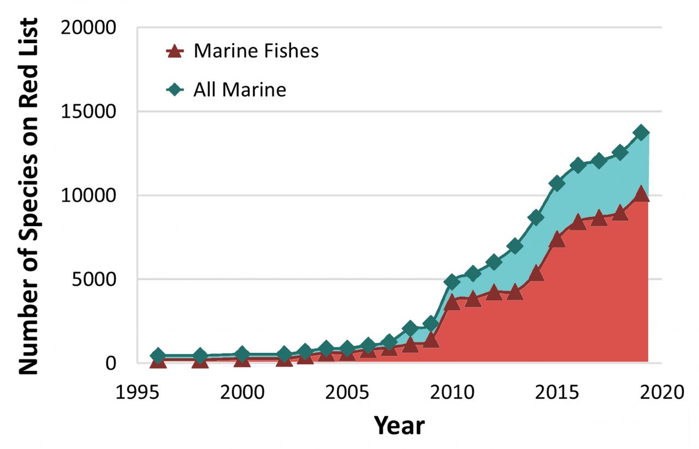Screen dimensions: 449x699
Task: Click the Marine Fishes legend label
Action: point(256,51)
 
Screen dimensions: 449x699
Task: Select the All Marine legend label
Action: point(240,90)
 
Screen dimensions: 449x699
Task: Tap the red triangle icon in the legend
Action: point(174,51)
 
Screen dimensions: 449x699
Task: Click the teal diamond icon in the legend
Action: point(174,90)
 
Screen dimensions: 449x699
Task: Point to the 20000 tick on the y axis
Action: point(91,27)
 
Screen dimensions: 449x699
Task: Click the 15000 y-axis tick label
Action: point(91,111)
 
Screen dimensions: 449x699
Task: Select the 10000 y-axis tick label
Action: point(91,196)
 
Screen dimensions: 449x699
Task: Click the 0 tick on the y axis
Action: point(111,363)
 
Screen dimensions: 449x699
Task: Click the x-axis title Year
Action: point(399,425)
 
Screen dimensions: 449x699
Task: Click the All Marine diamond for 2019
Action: point(641,133)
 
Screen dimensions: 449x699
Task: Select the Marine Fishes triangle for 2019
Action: point(641,193)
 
